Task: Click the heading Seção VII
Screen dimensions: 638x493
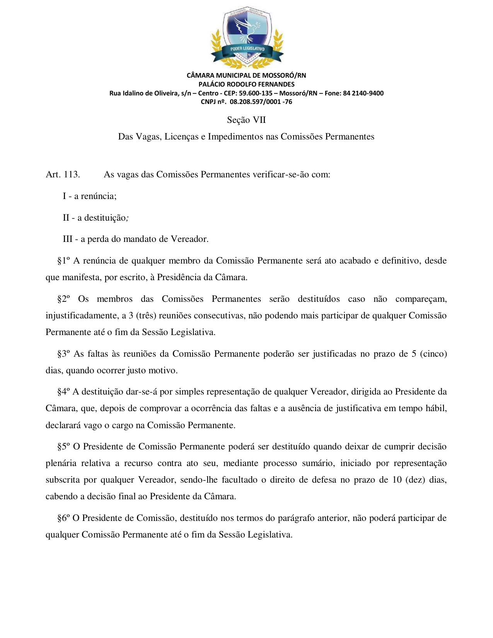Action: click(246, 120)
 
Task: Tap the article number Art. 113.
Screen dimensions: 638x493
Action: click(63, 174)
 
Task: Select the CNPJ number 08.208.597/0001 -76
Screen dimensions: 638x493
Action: click(261, 102)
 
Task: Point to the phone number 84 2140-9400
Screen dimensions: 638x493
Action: click(363, 93)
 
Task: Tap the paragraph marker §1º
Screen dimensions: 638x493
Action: click(63, 261)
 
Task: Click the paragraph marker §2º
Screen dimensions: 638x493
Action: click(63, 299)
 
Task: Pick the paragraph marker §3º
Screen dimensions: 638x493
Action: click(63, 354)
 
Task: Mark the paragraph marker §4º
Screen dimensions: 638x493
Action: click(63, 392)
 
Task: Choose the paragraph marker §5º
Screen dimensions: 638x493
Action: click(63, 447)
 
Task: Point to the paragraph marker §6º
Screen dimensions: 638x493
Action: click(63, 518)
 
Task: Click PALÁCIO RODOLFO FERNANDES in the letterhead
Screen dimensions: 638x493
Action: click(246, 84)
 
